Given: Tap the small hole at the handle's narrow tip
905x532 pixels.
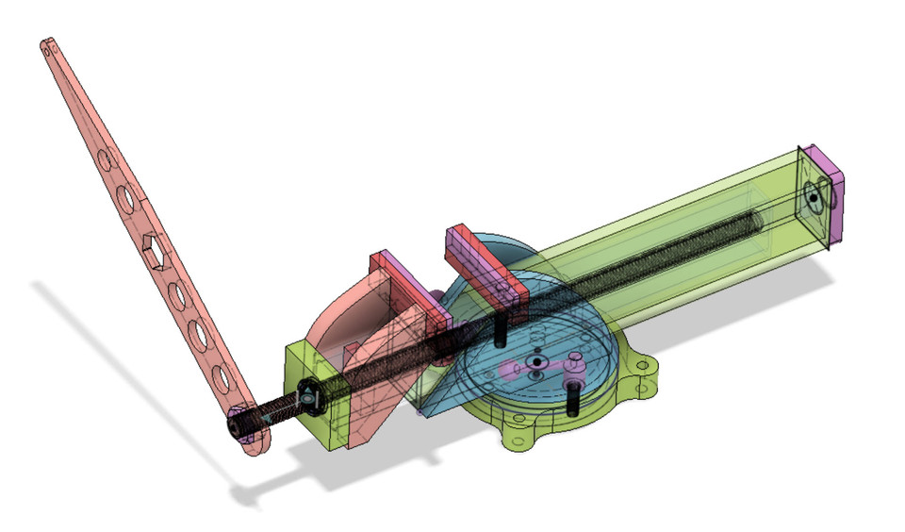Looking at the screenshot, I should pyautogui.click(x=46, y=45).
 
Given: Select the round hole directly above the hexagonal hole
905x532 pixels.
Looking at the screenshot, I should pyautogui.click(x=123, y=199).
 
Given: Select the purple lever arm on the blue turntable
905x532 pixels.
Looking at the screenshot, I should pyautogui.click(x=547, y=368).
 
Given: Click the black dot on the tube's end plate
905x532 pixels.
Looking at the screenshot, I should pyautogui.click(x=810, y=199).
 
